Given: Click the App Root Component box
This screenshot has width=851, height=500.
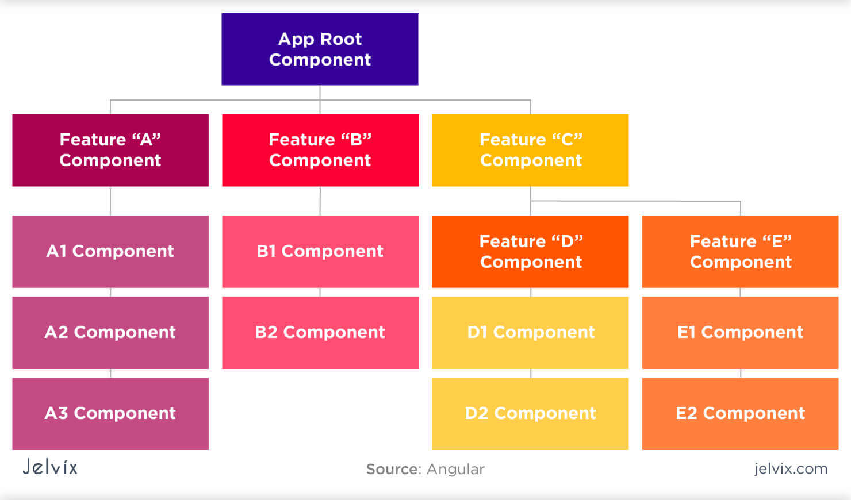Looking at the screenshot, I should pyautogui.click(x=320, y=49).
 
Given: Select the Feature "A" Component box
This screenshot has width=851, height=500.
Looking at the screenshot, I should pyautogui.click(x=110, y=150).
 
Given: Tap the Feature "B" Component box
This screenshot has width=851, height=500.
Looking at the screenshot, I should pyautogui.click(x=320, y=150).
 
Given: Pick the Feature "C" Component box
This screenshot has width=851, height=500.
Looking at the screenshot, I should pyautogui.click(x=530, y=150).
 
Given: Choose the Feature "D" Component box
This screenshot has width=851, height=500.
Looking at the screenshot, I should pyautogui.click(x=530, y=251).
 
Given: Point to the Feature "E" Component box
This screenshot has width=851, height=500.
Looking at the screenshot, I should pyautogui.click(x=740, y=251).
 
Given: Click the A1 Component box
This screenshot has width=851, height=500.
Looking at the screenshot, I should pyautogui.click(x=110, y=251).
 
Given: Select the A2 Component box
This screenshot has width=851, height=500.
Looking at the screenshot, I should pyautogui.click(x=110, y=332).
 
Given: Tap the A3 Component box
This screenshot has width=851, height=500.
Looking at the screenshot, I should pyautogui.click(x=110, y=413).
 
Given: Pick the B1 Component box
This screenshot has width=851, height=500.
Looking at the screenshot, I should pyautogui.click(x=320, y=251).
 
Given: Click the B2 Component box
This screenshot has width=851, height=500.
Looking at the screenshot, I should pyautogui.click(x=320, y=332).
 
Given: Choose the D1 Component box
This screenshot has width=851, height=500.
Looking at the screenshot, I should pyautogui.click(x=530, y=332).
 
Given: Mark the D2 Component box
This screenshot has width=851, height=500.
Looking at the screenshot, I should pyautogui.click(x=530, y=413).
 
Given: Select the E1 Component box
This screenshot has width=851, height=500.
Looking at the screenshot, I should pyautogui.click(x=740, y=332).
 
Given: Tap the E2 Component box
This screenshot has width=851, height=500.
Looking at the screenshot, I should pyautogui.click(x=740, y=413).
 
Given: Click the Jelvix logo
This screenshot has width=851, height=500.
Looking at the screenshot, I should pyautogui.click(x=50, y=467).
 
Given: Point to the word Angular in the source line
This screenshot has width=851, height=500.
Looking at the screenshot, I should pyautogui.click(x=455, y=470).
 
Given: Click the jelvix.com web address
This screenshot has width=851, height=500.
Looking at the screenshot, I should pyautogui.click(x=791, y=469).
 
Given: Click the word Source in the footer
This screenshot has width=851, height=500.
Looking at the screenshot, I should pyautogui.click(x=393, y=470).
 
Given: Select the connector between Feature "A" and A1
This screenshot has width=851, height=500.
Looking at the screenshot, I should pyautogui.click(x=110, y=201).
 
